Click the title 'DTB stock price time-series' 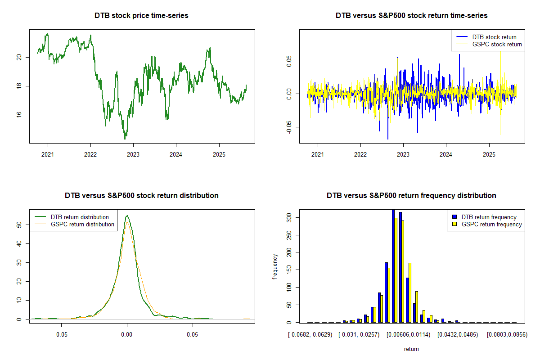pos(141,15)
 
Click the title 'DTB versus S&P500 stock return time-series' pos(411,15)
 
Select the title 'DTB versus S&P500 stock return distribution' pos(141,195)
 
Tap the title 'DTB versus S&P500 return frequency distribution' pos(411,195)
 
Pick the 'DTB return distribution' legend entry pos(80,217)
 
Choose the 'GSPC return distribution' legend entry pos(82,224)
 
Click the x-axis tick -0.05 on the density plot pos(61,335)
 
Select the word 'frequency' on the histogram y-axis pos(275,267)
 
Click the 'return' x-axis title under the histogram pos(411,349)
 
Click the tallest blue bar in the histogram pos(393,265)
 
